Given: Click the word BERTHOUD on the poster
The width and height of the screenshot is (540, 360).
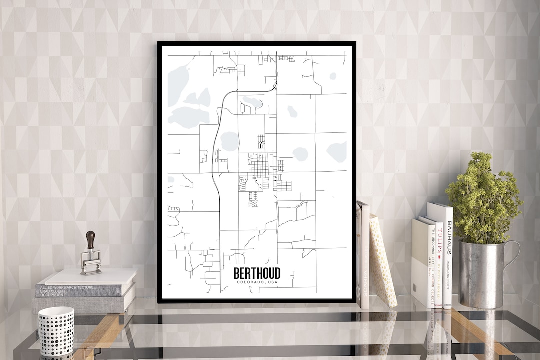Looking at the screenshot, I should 257,273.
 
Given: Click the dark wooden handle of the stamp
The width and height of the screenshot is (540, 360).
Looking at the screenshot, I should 90,239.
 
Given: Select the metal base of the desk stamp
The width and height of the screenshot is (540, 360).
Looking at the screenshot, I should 91,264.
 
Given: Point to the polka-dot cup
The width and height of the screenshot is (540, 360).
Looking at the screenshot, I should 56,331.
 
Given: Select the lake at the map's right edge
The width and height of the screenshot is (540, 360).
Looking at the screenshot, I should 338,151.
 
